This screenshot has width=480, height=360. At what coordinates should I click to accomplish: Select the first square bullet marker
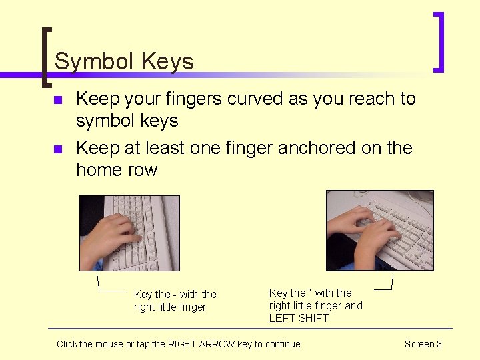pos(57,100)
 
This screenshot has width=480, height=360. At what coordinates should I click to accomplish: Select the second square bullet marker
pos(57,149)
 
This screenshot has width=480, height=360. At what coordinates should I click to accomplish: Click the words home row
pos(117,170)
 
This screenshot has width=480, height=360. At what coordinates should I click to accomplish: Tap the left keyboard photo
pos(130,233)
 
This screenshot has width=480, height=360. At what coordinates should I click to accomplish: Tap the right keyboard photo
pos(379,230)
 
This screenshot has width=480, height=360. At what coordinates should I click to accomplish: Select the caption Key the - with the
pos(175,294)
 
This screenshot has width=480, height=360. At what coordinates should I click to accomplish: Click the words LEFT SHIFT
pos(299,318)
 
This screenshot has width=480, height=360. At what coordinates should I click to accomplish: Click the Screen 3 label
pos(423,344)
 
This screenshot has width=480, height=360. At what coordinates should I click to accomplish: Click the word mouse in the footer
pos(100,344)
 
